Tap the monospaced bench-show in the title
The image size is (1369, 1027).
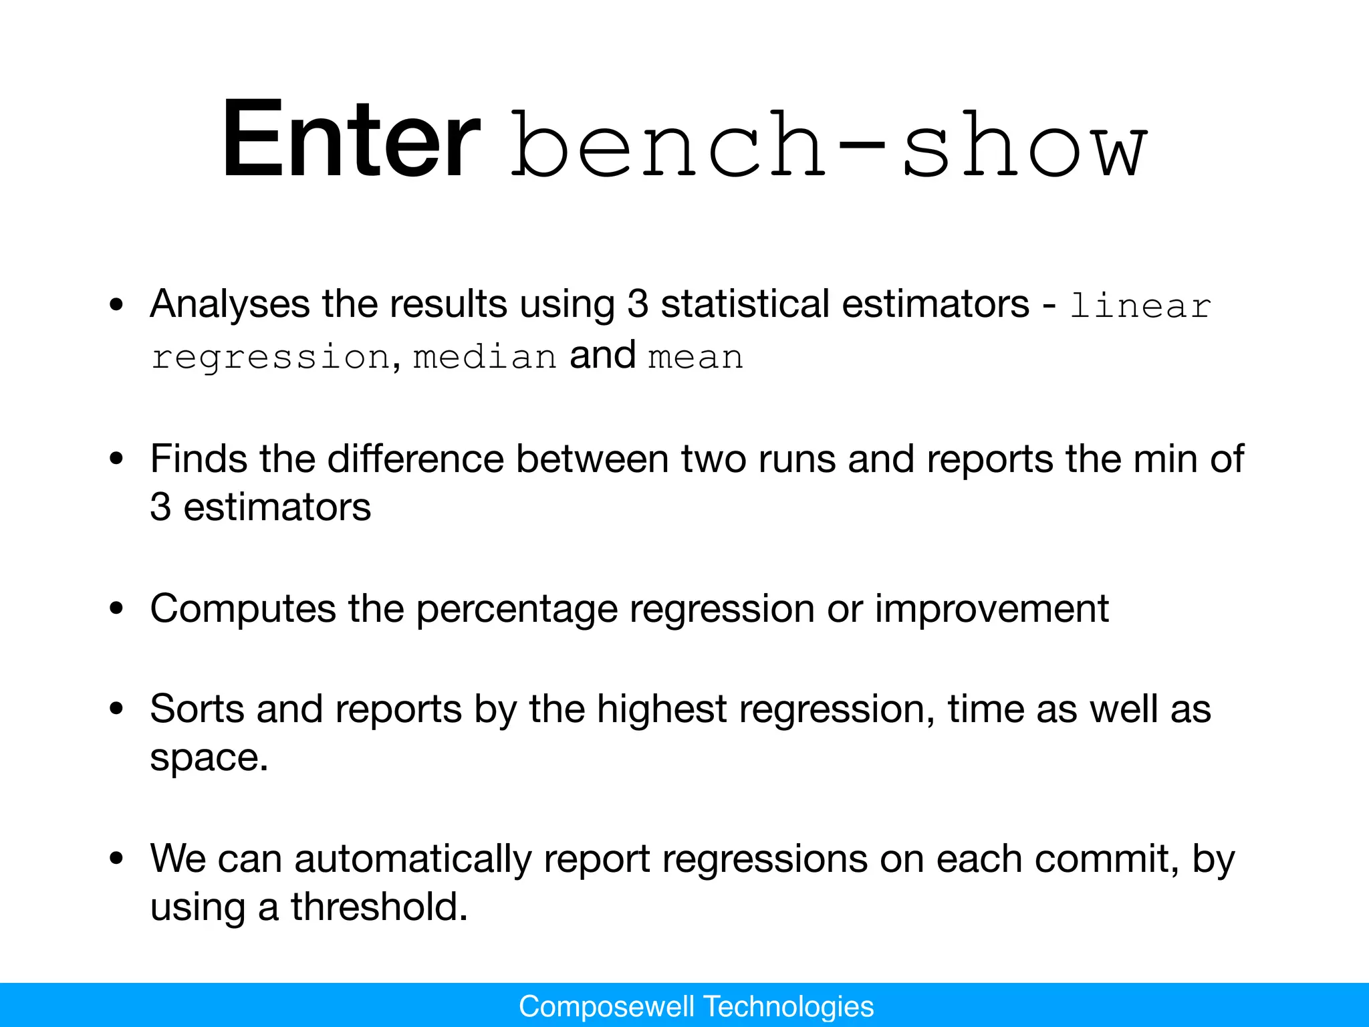[829, 144]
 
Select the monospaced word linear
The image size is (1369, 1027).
[1140, 306]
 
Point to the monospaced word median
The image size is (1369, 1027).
[485, 356]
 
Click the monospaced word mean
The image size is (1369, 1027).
[696, 356]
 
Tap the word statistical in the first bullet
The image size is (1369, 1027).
[745, 304]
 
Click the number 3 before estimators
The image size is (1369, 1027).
[160, 507]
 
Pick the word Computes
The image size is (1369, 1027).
[243, 609]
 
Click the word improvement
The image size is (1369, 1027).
[992, 609]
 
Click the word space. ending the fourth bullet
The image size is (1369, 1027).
[209, 758]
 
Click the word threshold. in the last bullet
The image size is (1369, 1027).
[379, 907]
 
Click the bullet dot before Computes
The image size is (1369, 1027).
[117, 609]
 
